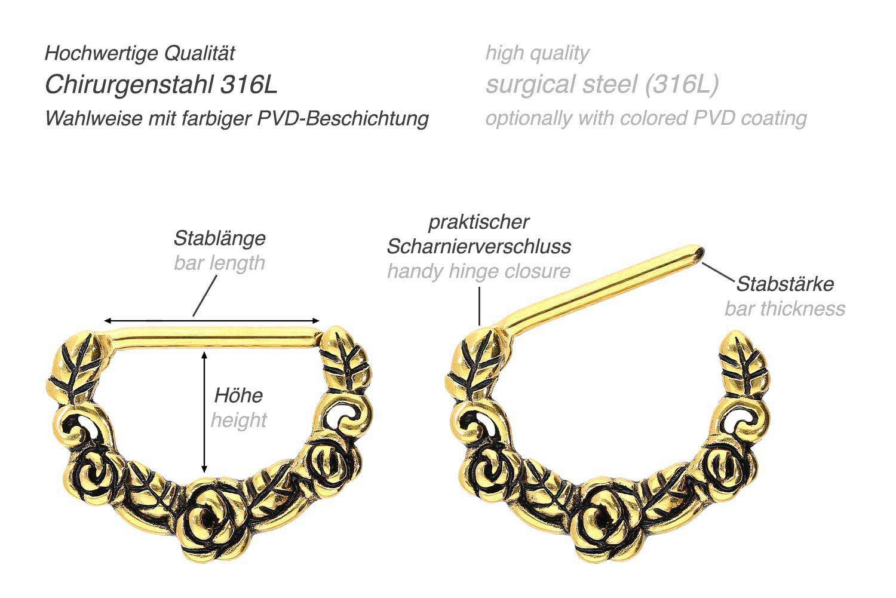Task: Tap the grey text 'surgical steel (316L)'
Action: click(x=602, y=84)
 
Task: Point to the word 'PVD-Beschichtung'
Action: click(x=343, y=118)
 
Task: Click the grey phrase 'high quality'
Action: click(x=537, y=54)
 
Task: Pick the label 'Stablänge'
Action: click(x=220, y=238)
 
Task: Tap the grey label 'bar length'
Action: click(x=220, y=263)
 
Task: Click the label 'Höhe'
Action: click(x=239, y=395)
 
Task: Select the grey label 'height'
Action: click(x=239, y=420)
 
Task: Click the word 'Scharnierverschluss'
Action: click(x=479, y=246)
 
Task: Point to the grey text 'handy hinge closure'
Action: click(x=479, y=271)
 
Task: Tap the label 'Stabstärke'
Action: click(x=785, y=284)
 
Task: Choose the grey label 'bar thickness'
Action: click(x=785, y=309)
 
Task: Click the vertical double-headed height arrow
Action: click(x=204, y=412)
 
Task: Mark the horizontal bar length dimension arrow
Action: click(x=211, y=320)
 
